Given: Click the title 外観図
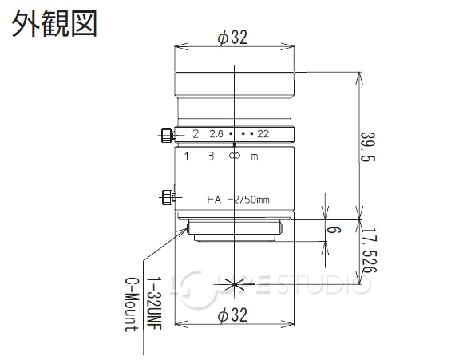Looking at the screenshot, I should pyautogui.click(x=53, y=23).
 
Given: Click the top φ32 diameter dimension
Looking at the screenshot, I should pyautogui.click(x=232, y=38).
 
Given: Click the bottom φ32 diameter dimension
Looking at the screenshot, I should pyautogui.click(x=232, y=316).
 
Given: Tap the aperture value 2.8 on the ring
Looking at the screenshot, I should pyautogui.click(x=216, y=135).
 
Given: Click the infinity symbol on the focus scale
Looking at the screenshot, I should pyautogui.click(x=233, y=157).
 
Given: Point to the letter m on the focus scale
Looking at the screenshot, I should pyautogui.click(x=255, y=157).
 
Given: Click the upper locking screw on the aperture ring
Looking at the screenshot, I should pyautogui.click(x=165, y=133).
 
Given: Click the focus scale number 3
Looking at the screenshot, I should pyautogui.click(x=210, y=157).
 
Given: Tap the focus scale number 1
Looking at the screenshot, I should pyautogui.click(x=187, y=157).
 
